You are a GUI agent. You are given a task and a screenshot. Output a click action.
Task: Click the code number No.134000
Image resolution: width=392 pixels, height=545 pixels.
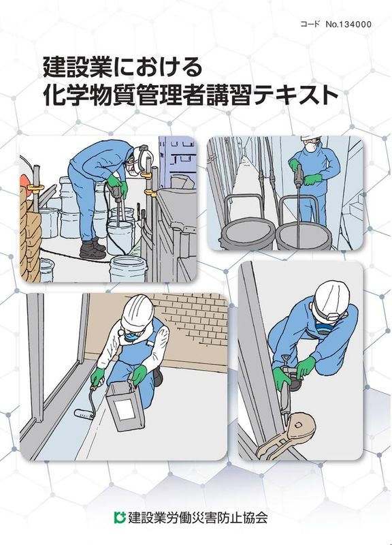348,25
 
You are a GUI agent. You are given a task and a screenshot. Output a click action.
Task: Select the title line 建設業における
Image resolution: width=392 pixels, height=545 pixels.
122,67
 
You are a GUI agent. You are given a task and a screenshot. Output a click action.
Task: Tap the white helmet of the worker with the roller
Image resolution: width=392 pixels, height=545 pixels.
138,311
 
